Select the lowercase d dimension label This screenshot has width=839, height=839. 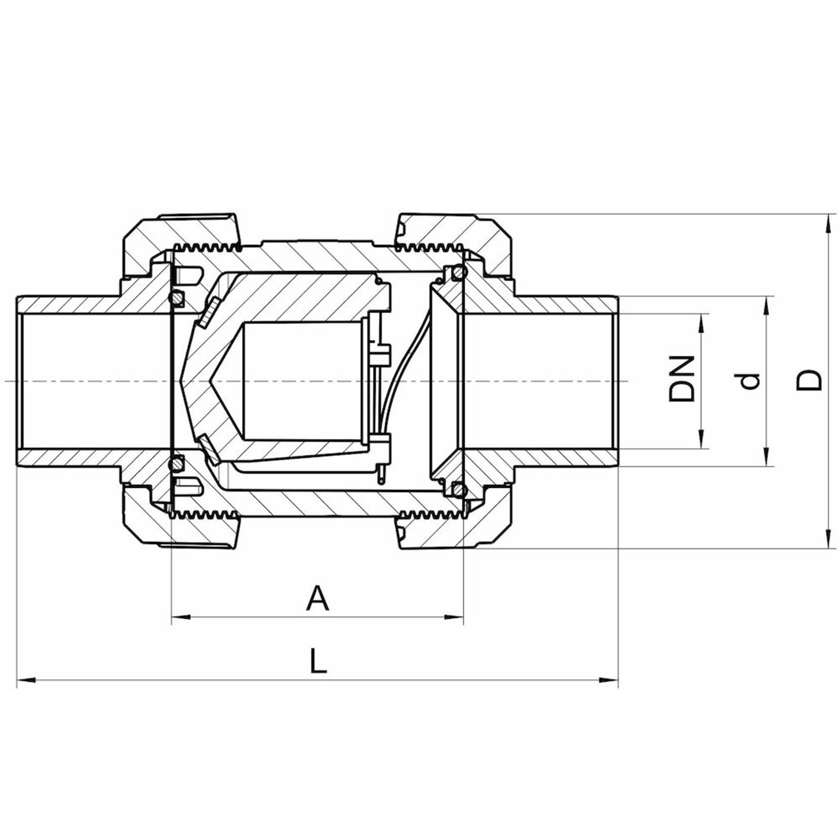[x=750, y=381]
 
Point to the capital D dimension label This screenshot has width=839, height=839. [x=809, y=380]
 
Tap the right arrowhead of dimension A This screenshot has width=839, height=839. [x=454, y=616]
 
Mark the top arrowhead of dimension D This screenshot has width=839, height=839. [x=827, y=224]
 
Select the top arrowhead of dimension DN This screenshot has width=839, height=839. [x=701, y=323]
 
